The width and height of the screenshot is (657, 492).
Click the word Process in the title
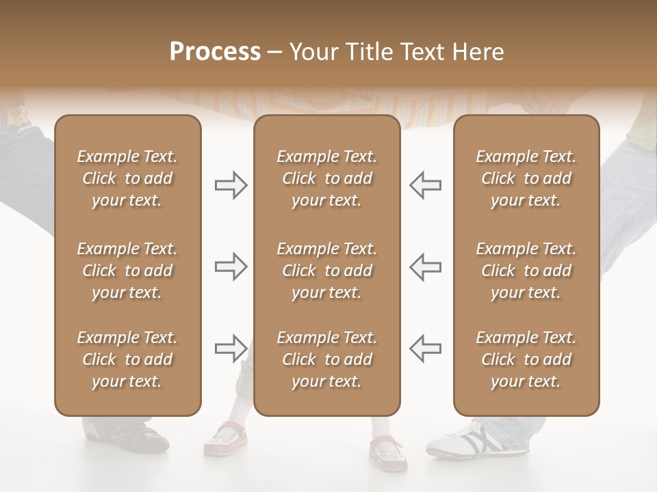(215, 52)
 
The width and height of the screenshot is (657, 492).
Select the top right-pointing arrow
(231, 185)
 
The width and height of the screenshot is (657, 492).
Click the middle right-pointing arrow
(231, 266)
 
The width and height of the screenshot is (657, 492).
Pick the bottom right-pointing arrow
(231, 348)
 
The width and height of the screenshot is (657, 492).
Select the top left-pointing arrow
(425, 185)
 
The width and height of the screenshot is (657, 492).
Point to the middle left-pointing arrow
(425, 266)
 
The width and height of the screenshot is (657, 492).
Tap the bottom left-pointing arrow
(425, 348)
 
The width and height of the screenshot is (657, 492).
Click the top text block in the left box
(127, 178)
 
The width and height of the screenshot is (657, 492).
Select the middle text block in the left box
(127, 271)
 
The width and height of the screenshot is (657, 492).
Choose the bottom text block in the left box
(127, 359)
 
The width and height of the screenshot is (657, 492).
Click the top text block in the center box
(326, 178)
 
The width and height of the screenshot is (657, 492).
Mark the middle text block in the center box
(326, 271)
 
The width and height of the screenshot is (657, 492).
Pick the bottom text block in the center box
(326, 359)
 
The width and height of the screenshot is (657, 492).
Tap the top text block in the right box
(526, 178)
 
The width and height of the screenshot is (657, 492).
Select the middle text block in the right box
(526, 271)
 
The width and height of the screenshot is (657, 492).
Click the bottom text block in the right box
(526, 359)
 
